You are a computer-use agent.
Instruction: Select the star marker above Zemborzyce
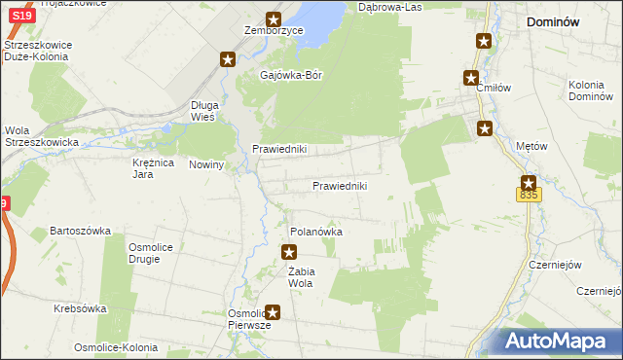(x=275, y=18)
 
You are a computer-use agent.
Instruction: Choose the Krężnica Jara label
(x=153, y=168)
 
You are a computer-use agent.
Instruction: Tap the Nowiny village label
(x=207, y=164)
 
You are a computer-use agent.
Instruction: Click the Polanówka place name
(x=317, y=233)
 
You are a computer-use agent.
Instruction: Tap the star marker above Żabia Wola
(x=289, y=253)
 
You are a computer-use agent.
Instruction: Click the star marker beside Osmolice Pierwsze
(x=274, y=312)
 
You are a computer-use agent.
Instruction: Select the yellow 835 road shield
(x=529, y=196)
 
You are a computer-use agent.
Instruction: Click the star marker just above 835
(x=529, y=181)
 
